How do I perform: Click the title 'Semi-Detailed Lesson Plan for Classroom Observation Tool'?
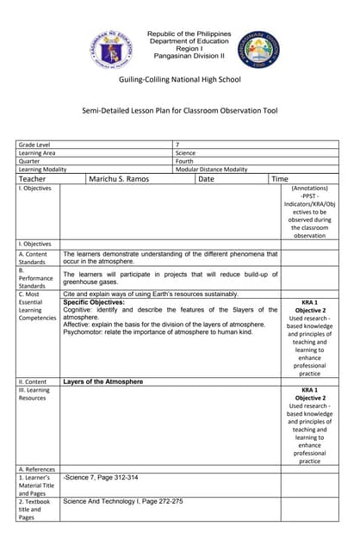180,110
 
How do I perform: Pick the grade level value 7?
177,145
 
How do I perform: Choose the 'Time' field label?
280,179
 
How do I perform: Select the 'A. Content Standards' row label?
34,258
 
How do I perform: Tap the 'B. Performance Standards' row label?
36,277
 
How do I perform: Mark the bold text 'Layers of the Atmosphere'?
103,381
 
